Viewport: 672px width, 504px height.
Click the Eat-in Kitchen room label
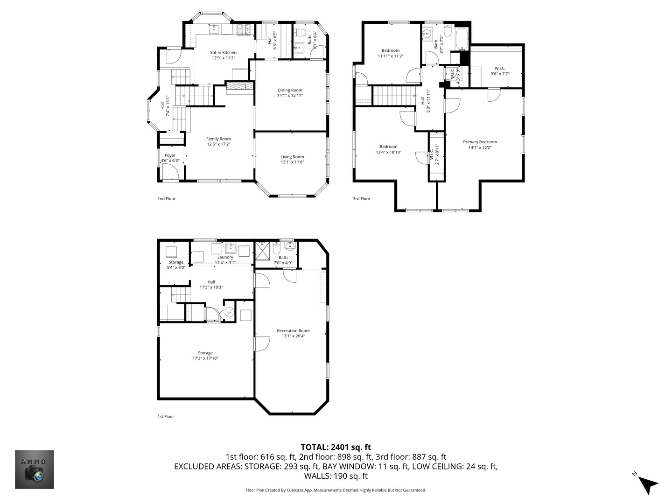pyautogui.click(x=223, y=53)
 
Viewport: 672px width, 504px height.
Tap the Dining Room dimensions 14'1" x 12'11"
pyautogui.click(x=290, y=96)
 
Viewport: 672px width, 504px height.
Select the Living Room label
pyautogui.click(x=292, y=157)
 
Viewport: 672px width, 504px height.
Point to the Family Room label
pyautogui.click(x=218, y=139)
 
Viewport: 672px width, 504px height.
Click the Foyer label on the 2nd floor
pyautogui.click(x=170, y=155)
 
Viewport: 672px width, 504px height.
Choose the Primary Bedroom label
pyautogui.click(x=480, y=142)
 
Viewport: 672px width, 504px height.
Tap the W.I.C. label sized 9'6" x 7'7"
pyautogui.click(x=499, y=68)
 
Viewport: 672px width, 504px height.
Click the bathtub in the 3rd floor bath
pyautogui.click(x=462, y=39)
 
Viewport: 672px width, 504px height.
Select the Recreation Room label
pyautogui.click(x=293, y=330)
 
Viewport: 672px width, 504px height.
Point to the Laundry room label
pyautogui.click(x=225, y=257)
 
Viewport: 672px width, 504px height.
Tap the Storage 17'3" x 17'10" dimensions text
pyautogui.click(x=205, y=358)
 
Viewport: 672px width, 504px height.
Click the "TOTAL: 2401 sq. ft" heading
pyautogui.click(x=336, y=447)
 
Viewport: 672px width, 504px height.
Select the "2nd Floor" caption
pyautogui.click(x=166, y=198)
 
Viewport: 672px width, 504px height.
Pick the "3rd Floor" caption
pyautogui.click(x=361, y=198)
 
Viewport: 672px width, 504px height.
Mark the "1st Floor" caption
pyautogui.click(x=166, y=416)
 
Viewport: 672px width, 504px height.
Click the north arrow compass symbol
pyautogui.click(x=647, y=483)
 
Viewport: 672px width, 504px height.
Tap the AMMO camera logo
pyautogui.click(x=35, y=469)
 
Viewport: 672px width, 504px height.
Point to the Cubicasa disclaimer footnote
pyautogui.click(x=336, y=490)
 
